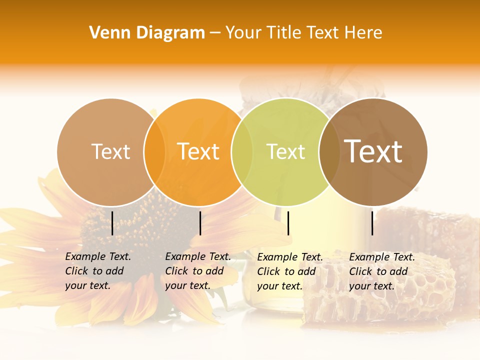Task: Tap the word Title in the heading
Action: pyautogui.click(x=284, y=33)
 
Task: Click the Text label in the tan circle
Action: pyautogui.click(x=110, y=151)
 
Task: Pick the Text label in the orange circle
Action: pyautogui.click(x=198, y=151)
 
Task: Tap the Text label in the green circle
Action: pyautogui.click(x=285, y=151)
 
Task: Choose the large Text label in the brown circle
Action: pyautogui.click(x=373, y=151)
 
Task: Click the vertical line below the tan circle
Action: pyautogui.click(x=112, y=223)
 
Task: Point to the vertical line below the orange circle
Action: pyautogui.click(x=200, y=223)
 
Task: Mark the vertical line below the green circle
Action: pyautogui.click(x=288, y=223)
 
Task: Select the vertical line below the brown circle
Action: pyautogui.click(x=372, y=223)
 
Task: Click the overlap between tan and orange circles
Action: pyautogui.click(x=154, y=152)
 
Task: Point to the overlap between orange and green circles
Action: pyautogui.click(x=242, y=152)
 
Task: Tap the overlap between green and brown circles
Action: pyautogui.click(x=329, y=152)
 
